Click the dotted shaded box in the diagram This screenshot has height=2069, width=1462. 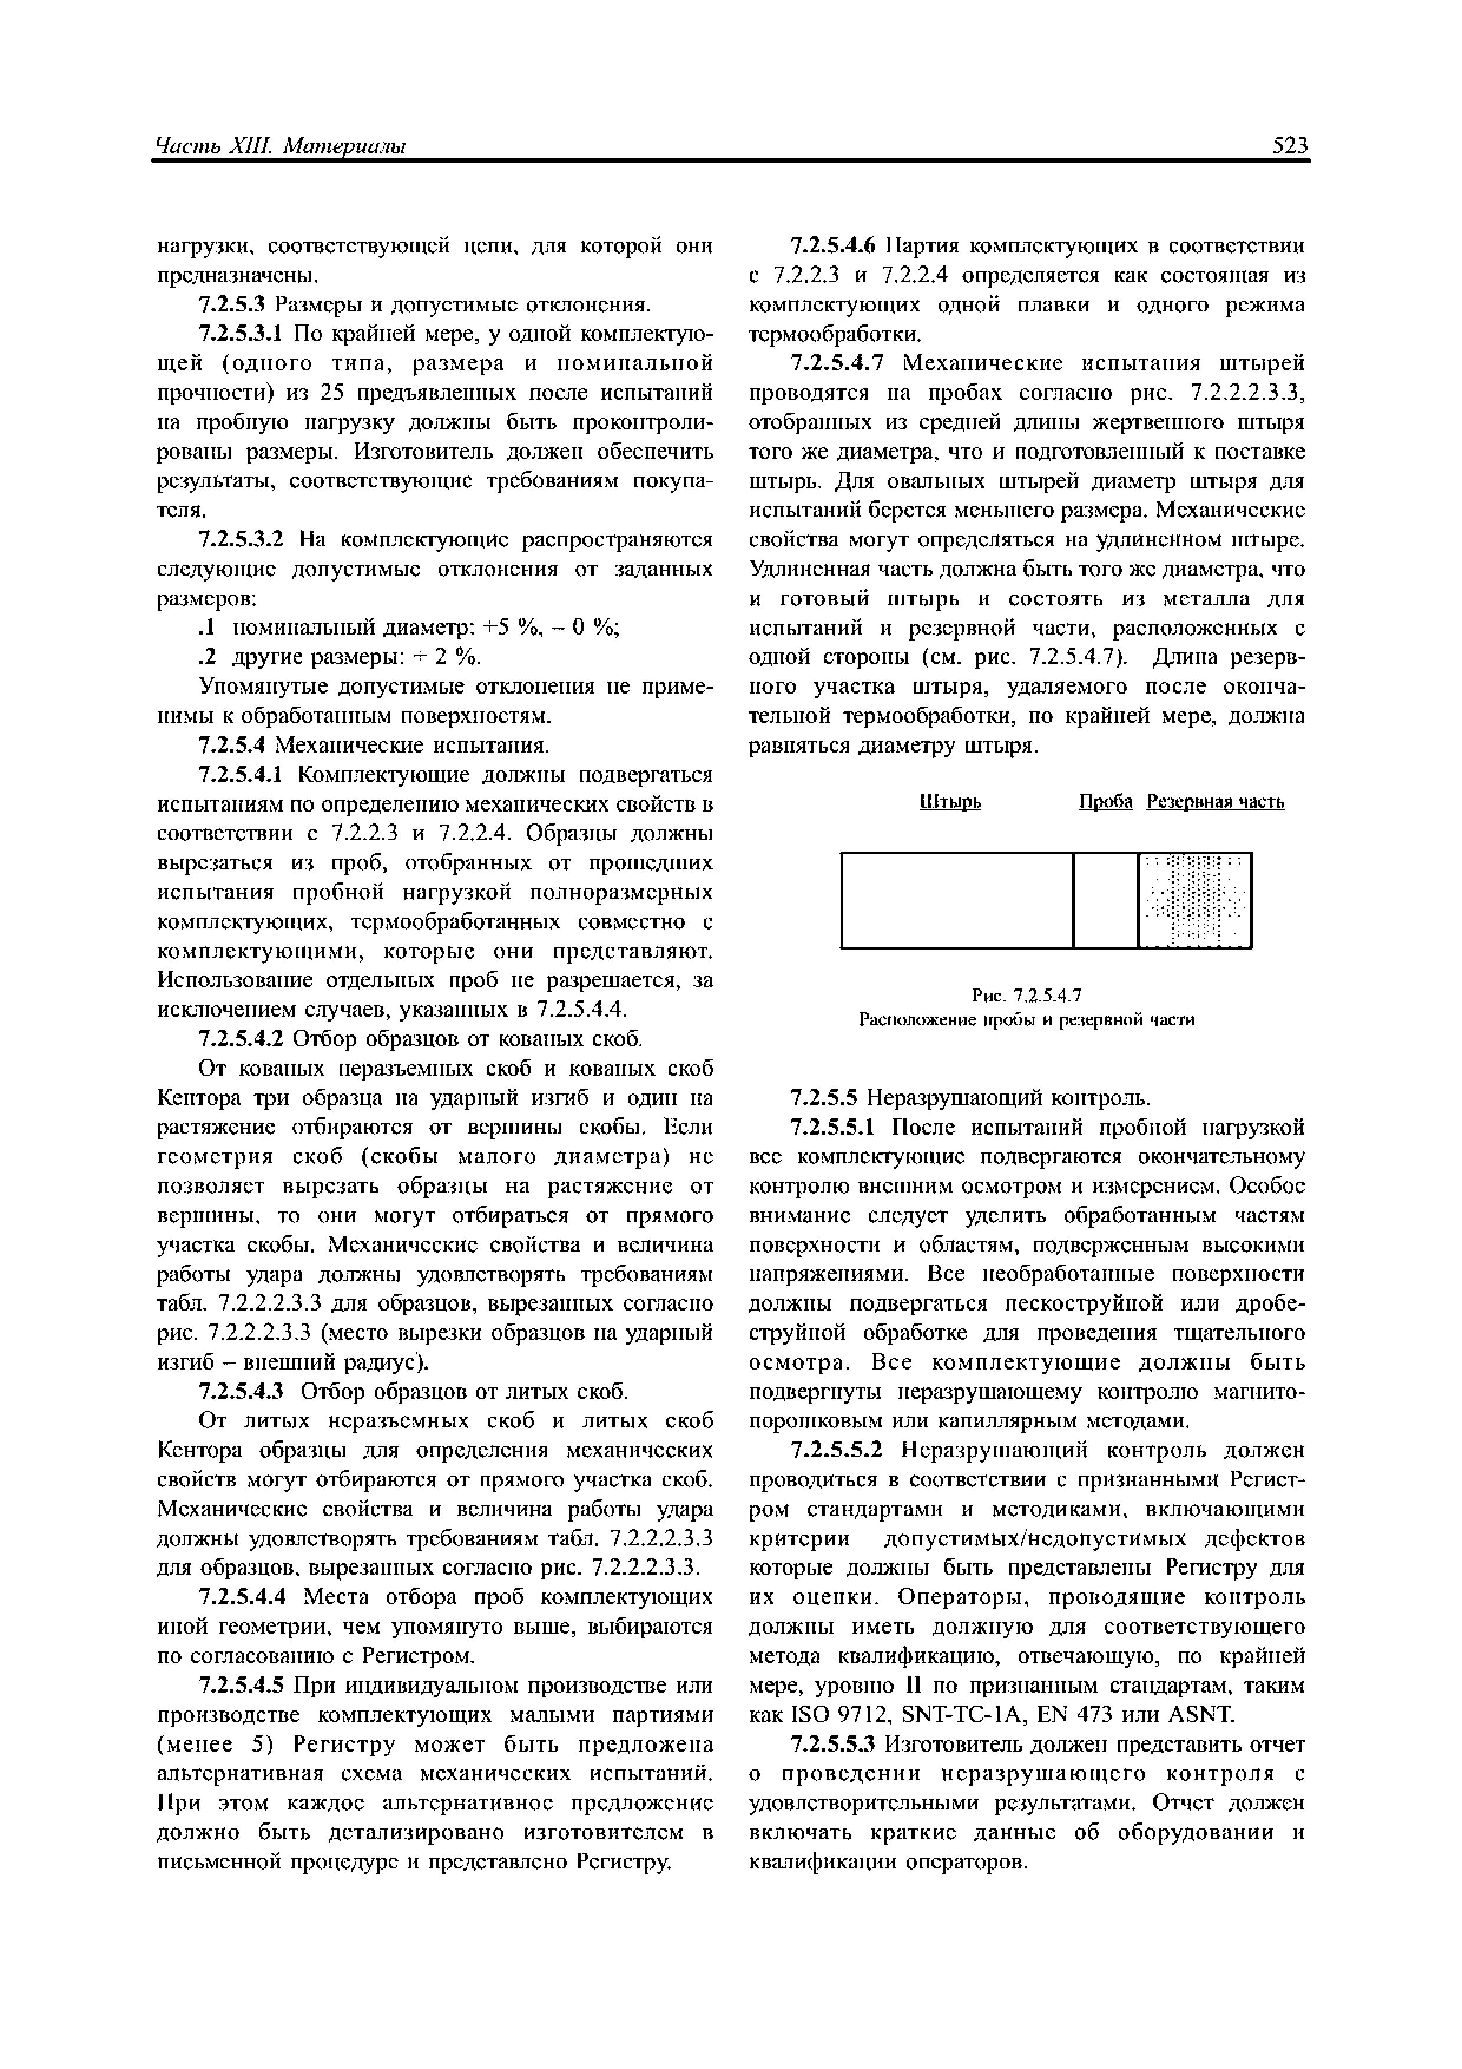pyautogui.click(x=1194, y=899)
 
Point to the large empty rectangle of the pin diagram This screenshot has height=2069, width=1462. pyautogui.click(x=957, y=899)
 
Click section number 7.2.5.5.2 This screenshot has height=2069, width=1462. pyautogui.click(x=835, y=1451)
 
